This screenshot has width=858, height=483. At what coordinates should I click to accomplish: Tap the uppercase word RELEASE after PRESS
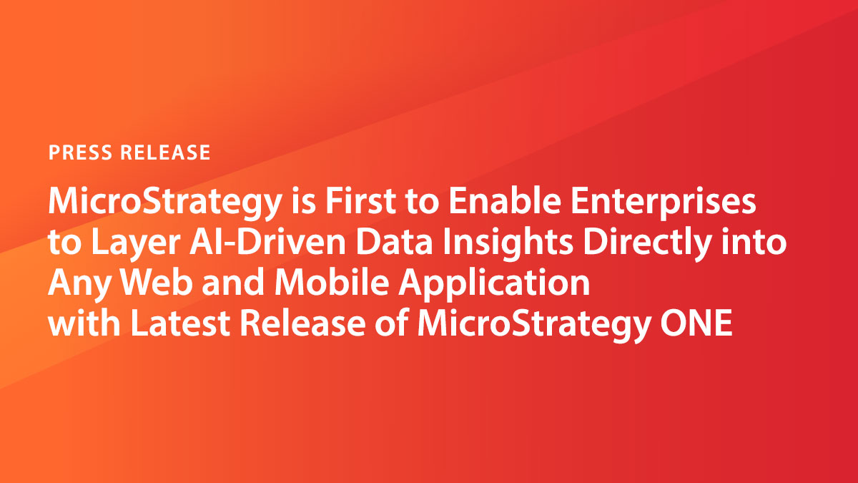(x=165, y=152)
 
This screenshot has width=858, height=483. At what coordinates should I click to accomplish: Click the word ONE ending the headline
(x=696, y=324)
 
